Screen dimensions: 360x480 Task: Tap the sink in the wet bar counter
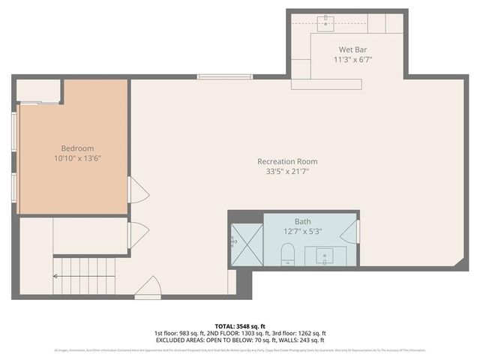[x=325, y=22]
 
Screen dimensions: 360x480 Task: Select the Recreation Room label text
[x=287, y=161]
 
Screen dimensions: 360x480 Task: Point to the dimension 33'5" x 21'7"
[x=287, y=172]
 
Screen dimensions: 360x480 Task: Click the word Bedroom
[x=78, y=148]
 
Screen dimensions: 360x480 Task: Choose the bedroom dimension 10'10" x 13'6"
[x=78, y=159]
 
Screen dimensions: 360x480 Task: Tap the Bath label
[x=302, y=221]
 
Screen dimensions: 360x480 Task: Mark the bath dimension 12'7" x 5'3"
[x=302, y=232]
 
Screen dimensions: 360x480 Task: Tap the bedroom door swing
[x=137, y=190]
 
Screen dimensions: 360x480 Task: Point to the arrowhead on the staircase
[x=55, y=276]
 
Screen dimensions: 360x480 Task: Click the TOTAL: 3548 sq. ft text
[x=240, y=326]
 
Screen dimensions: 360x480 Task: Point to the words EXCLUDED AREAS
[x=178, y=340]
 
